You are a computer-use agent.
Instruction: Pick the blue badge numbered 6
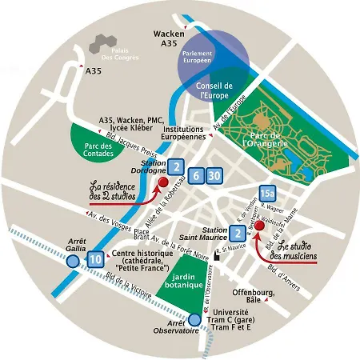point(196,175)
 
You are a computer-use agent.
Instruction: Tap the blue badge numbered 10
point(96,258)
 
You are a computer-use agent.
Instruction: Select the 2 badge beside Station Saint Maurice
point(237,234)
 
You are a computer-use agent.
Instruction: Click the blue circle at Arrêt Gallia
point(74,258)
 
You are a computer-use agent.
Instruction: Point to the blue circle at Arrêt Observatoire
point(194,319)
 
